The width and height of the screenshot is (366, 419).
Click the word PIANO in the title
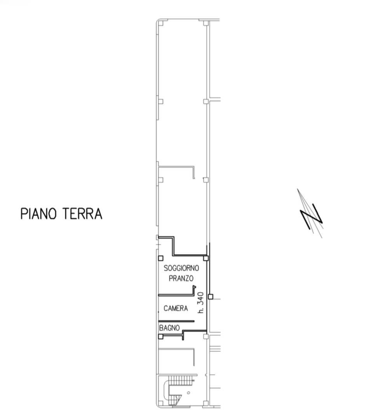coord(38,213)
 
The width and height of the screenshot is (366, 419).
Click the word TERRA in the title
coord(82,213)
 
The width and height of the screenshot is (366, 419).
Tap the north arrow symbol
coord(310,213)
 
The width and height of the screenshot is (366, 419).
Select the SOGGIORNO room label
coord(181,268)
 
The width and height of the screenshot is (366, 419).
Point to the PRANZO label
coord(181,278)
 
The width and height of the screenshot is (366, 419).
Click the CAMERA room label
coord(176,308)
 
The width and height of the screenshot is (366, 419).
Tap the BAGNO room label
coord(169,327)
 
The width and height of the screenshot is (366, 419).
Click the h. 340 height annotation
coord(200,303)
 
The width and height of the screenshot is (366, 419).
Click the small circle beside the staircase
coord(188,393)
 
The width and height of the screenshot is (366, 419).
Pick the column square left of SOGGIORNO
coord(160,258)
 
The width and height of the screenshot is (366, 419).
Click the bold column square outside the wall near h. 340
coord(211,296)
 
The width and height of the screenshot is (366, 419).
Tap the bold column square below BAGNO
coord(160,336)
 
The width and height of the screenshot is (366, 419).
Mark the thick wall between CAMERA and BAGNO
coord(176,321)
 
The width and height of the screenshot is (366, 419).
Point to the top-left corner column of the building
coord(160,23)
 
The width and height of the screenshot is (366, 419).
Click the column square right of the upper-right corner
coord(206,23)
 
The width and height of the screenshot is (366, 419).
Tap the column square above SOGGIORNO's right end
coord(206,258)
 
